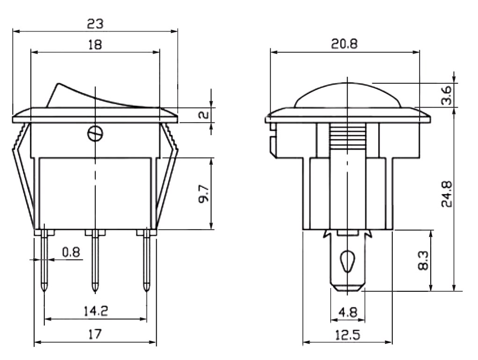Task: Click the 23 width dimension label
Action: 95,23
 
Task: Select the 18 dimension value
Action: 95,45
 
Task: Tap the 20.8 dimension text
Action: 344,44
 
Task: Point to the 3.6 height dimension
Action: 446,95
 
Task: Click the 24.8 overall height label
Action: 447,194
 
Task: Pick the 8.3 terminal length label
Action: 423,260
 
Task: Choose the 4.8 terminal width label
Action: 348,312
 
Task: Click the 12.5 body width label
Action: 348,335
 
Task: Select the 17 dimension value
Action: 95,334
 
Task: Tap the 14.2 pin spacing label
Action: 96,311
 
